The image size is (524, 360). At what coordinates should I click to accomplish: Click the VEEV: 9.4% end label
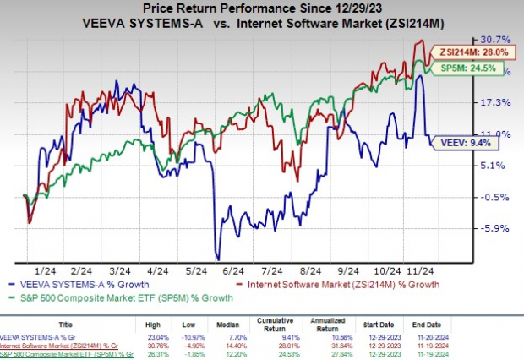point(454,144)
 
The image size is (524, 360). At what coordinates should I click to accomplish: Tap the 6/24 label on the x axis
point(227,270)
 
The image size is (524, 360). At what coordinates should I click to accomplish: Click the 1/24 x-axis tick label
point(34,270)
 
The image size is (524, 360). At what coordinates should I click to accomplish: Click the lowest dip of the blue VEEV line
point(217,259)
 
